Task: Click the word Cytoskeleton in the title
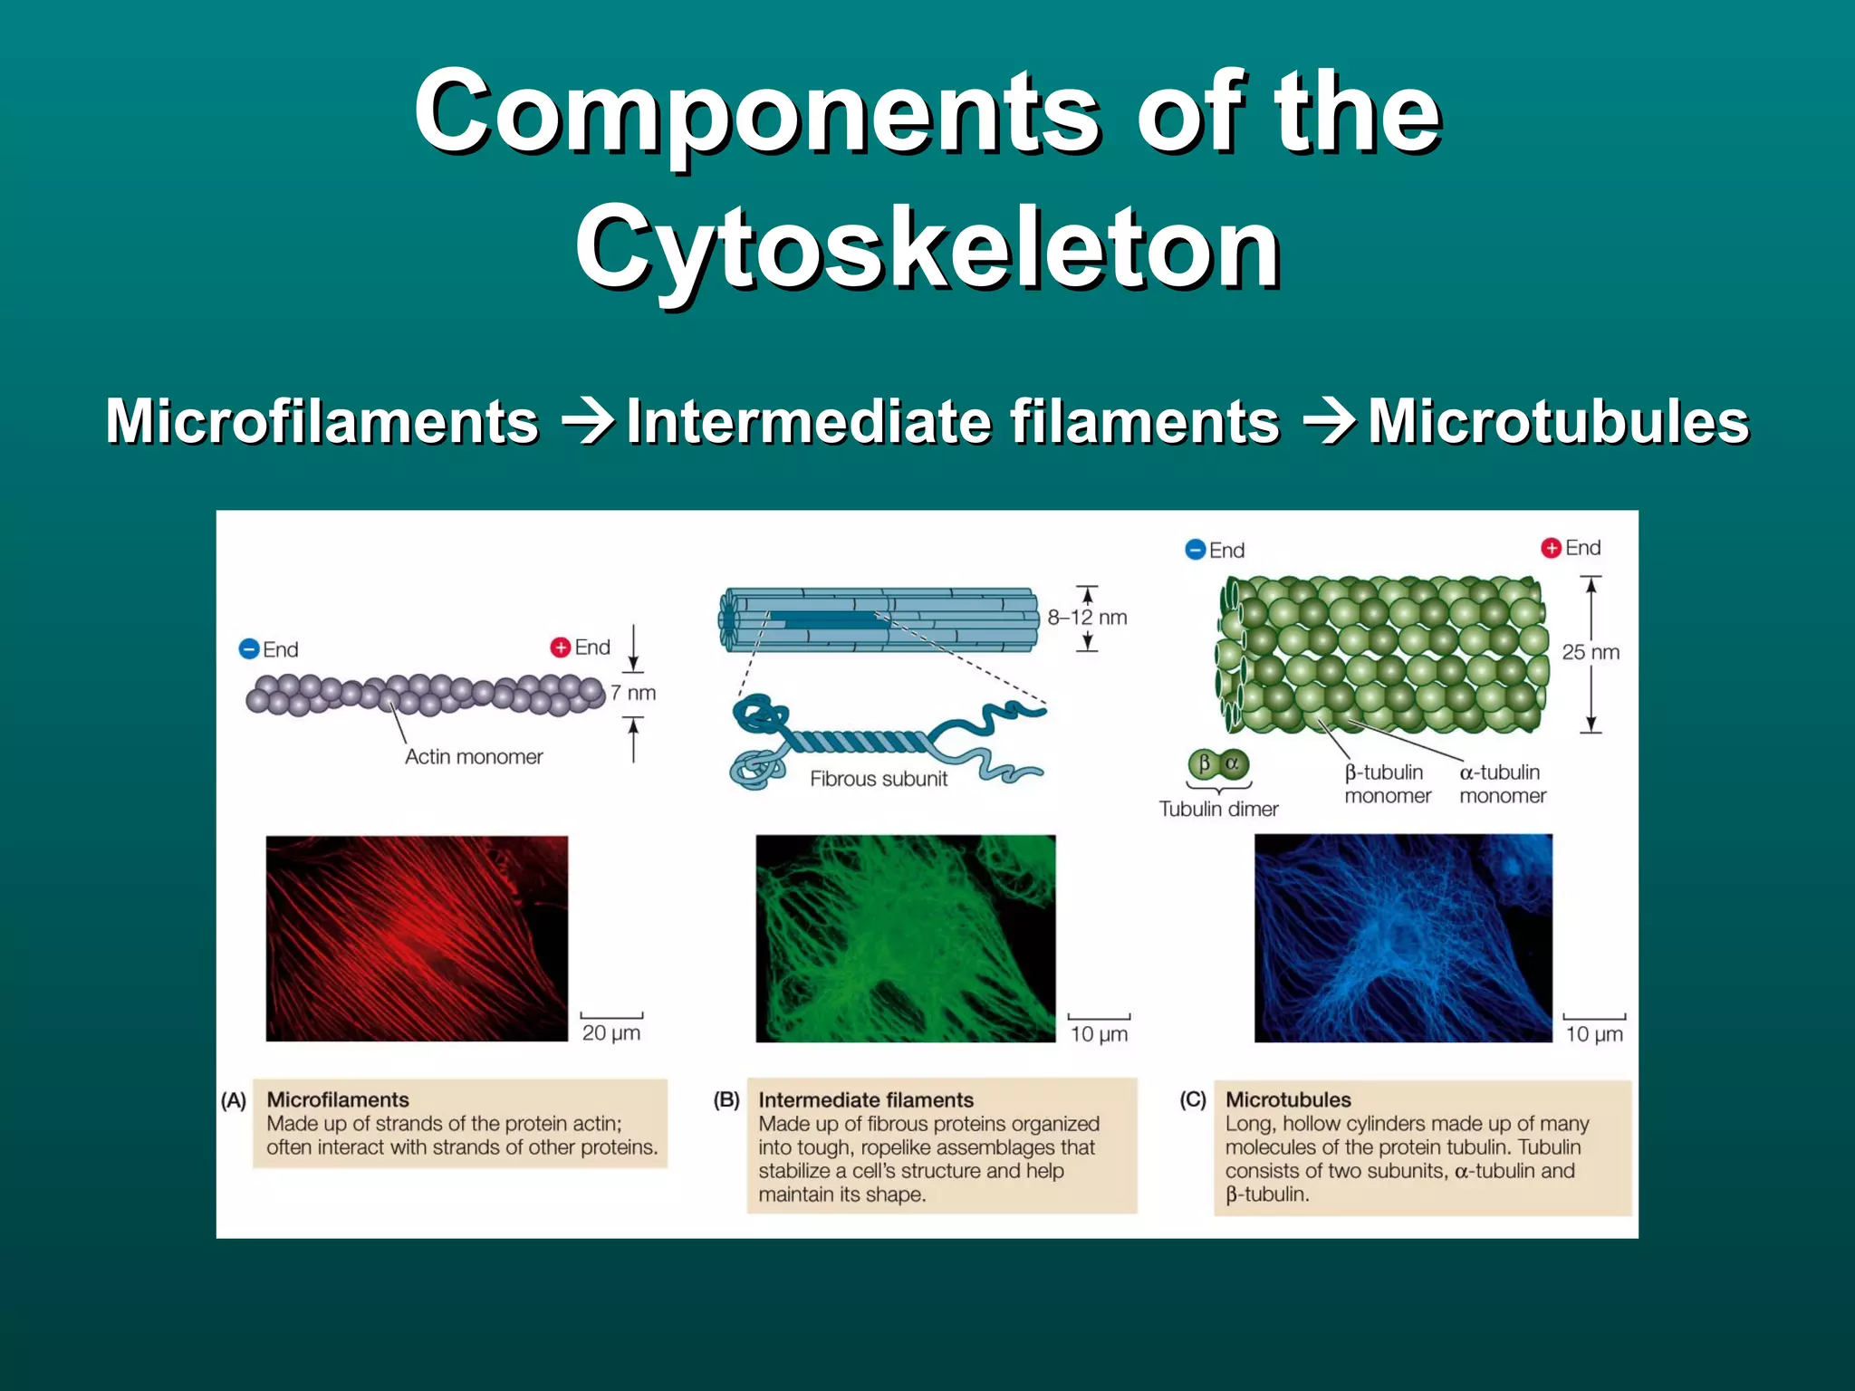[x=927, y=246]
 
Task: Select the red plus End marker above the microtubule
[x=1551, y=548]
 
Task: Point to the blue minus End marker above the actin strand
[x=249, y=649]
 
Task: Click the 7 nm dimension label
[x=632, y=693]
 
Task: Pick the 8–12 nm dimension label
[x=1087, y=618]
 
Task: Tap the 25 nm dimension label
[x=1591, y=652]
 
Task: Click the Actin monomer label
[x=474, y=757]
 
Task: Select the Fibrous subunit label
[x=879, y=779]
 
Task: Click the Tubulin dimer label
[x=1218, y=809]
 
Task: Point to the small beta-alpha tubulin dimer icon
[x=1218, y=763]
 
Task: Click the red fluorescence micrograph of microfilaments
[x=417, y=938]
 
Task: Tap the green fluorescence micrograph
[x=906, y=938]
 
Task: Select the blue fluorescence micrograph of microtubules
[x=1403, y=938]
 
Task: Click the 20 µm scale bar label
[x=611, y=1032]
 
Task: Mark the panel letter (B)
[x=726, y=1099]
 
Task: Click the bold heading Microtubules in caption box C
[x=1288, y=1099]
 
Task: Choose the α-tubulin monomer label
[x=1502, y=784]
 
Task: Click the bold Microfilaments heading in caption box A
[x=338, y=1099]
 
